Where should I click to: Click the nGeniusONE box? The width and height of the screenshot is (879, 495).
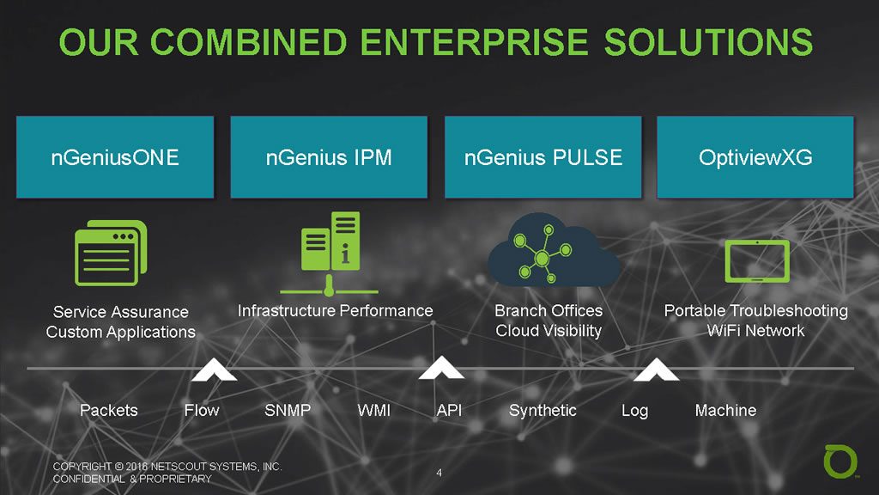coord(115,158)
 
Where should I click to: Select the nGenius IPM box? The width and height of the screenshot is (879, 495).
coord(329,158)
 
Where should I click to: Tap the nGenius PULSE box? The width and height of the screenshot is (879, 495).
coord(543,158)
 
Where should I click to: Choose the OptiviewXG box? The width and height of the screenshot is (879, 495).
coord(755,158)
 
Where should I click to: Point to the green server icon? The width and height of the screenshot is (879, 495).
coord(330,250)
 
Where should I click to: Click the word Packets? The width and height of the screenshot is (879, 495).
coord(108,410)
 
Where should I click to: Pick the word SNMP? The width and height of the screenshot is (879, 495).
coord(288,410)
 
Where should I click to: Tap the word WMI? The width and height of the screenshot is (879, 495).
coord(373,410)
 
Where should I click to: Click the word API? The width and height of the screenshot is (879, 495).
coord(449,410)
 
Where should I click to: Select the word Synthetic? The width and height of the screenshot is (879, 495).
coord(543,410)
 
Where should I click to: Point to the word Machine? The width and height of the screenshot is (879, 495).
coord(725,410)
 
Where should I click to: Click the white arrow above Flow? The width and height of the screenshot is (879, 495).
coord(215,370)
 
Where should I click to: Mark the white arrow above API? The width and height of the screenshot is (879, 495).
coord(441,370)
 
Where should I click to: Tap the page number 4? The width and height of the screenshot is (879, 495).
coord(439,472)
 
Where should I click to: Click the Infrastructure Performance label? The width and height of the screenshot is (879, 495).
coord(335,310)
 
